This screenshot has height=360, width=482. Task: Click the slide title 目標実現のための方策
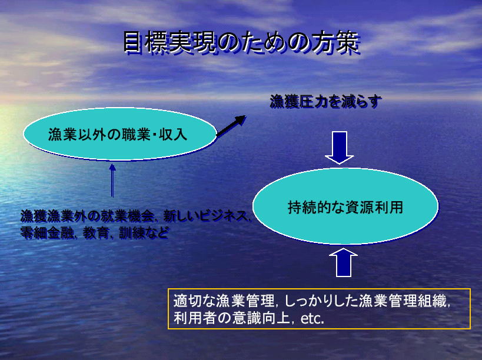[x=241, y=42]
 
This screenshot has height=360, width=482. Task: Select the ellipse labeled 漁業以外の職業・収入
[x=120, y=134]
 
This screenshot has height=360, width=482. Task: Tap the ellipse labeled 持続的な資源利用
[x=345, y=206]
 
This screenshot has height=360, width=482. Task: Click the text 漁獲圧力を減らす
[x=325, y=102]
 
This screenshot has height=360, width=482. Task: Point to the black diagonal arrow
[x=231, y=125]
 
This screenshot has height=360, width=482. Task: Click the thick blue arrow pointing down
[x=340, y=148]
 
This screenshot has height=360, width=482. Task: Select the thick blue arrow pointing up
[x=343, y=262]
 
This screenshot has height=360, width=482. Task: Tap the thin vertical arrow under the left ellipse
[x=112, y=181]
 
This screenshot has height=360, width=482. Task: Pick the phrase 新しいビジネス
[x=205, y=216]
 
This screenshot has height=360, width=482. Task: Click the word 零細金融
[x=47, y=233]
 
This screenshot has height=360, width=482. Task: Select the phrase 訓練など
[x=144, y=233]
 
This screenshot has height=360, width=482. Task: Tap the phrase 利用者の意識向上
[x=232, y=318]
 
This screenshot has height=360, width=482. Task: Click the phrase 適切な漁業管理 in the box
[x=224, y=301]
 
